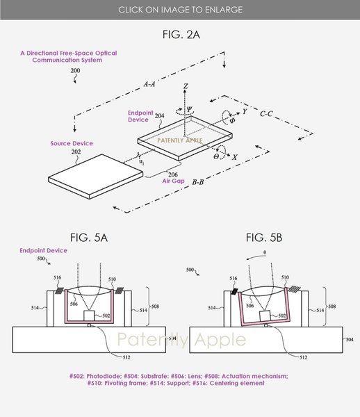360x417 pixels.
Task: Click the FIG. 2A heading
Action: (180, 33)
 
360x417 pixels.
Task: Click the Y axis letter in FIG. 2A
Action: (245, 111)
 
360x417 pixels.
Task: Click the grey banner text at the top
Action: (180, 10)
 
